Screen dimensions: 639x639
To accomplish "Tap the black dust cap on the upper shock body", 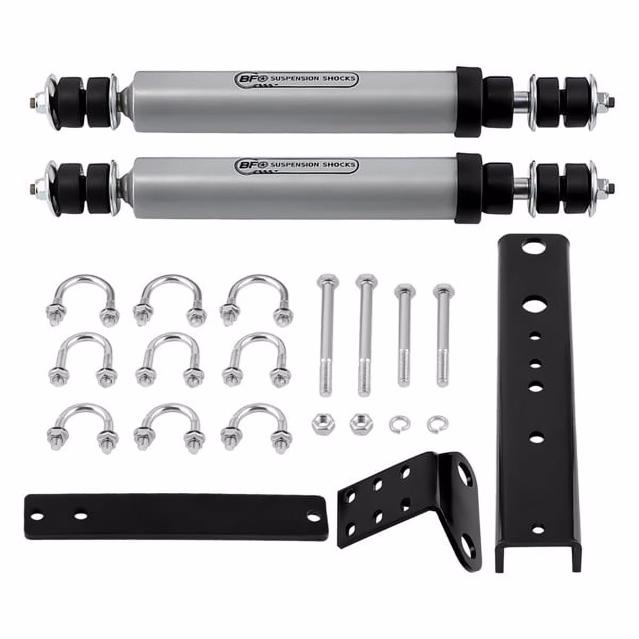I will tap(469, 102).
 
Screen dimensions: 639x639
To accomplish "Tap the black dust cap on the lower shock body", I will tap(469, 188).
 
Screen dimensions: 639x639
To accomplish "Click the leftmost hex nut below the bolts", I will tap(323, 425).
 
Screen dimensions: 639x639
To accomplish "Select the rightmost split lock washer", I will tap(437, 424).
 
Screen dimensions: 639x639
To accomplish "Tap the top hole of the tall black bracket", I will tap(530, 247).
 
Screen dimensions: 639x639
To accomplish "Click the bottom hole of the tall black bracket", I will tap(538, 530).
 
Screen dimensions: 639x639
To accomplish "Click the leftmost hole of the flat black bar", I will tap(36, 516).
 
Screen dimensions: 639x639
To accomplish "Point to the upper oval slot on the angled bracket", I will tap(464, 472).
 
